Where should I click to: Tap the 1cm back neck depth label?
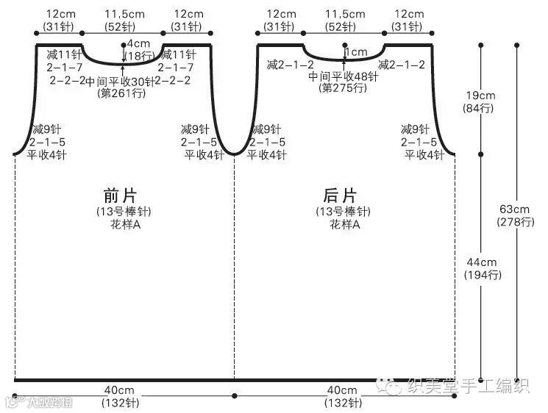click(356, 52)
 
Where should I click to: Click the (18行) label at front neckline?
click(138, 56)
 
